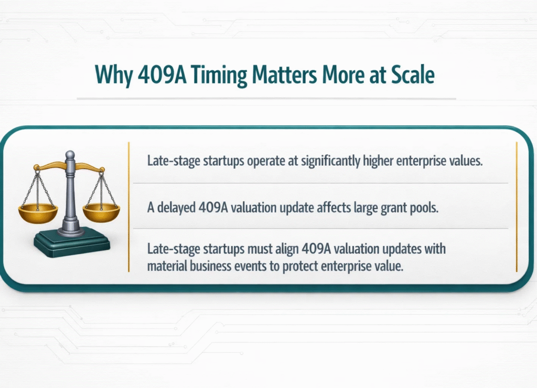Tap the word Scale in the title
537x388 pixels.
(412, 75)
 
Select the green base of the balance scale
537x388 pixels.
(71, 242)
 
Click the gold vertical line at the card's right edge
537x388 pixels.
(517, 207)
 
